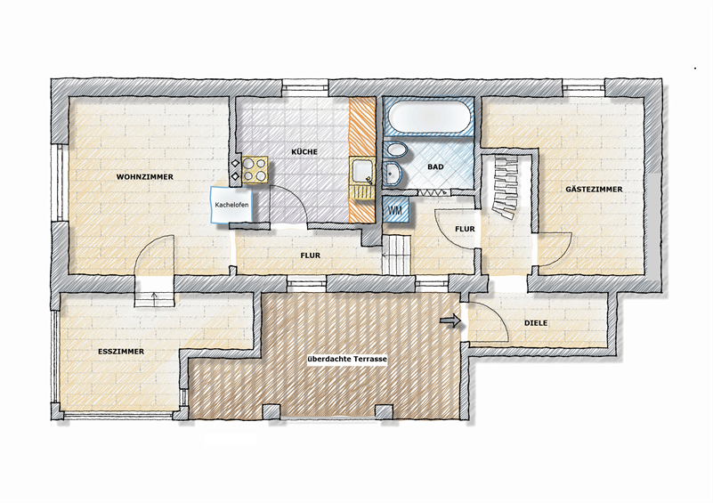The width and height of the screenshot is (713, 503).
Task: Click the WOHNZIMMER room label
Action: (x=144, y=177)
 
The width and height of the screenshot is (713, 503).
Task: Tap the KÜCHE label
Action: (x=304, y=151)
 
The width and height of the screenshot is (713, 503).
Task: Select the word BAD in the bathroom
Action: (x=435, y=166)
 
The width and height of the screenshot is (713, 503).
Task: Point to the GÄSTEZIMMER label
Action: (x=594, y=189)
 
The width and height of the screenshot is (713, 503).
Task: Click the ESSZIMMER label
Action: (x=121, y=352)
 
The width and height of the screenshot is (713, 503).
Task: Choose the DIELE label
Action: (x=536, y=323)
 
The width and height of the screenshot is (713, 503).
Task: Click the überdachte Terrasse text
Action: (x=347, y=359)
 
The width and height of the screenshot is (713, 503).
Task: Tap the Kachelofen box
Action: (x=231, y=205)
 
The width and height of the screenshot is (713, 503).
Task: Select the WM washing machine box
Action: (x=395, y=210)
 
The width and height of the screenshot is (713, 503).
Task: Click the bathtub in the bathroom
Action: (x=429, y=117)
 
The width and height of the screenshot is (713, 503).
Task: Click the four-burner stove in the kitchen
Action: (x=255, y=170)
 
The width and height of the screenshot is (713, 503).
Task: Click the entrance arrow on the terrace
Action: (x=450, y=321)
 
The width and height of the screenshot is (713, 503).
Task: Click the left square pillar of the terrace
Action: (x=271, y=412)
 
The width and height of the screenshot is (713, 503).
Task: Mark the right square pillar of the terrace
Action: (x=384, y=412)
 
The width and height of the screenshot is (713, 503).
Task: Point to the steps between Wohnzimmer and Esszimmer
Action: (x=154, y=299)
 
